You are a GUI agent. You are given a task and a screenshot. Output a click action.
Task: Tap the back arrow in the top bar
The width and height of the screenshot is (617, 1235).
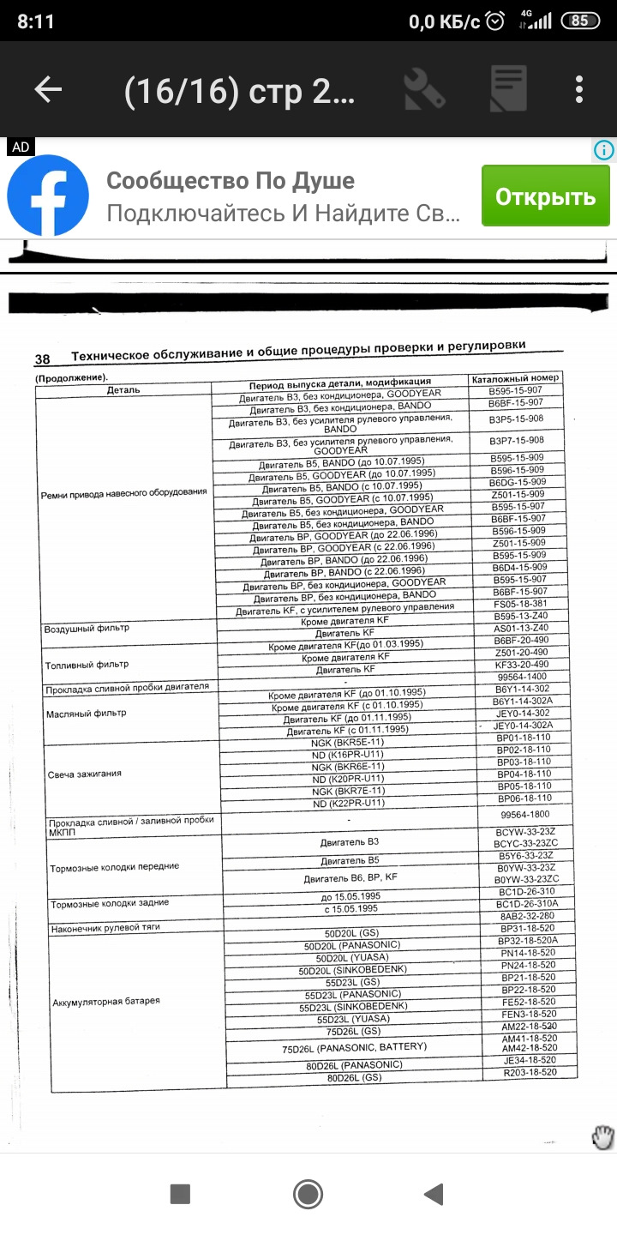pyautogui.click(x=48, y=90)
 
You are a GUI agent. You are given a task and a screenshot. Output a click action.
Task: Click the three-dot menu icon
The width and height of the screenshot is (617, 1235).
pyautogui.click(x=580, y=90)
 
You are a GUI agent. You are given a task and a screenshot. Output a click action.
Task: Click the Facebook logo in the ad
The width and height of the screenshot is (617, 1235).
pyautogui.click(x=48, y=196)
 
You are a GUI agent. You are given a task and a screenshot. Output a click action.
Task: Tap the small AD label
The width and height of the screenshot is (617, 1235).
pyautogui.click(x=21, y=148)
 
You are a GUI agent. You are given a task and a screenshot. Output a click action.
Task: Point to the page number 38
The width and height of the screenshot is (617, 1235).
pyautogui.click(x=42, y=359)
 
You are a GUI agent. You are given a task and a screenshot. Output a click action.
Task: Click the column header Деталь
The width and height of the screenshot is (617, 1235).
pyautogui.click(x=123, y=390)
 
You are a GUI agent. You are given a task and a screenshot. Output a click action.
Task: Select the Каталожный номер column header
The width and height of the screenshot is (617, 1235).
pyautogui.click(x=515, y=377)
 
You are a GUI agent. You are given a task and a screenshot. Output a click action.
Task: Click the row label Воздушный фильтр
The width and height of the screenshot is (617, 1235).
pyautogui.click(x=87, y=629)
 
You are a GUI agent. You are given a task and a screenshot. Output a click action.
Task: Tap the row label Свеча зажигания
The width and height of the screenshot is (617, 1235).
pyautogui.click(x=85, y=774)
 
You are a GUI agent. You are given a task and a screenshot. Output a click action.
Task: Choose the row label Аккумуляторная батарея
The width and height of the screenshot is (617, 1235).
pyautogui.click(x=106, y=1002)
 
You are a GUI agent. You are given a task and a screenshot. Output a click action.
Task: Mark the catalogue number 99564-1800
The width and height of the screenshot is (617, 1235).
pyautogui.click(x=524, y=814)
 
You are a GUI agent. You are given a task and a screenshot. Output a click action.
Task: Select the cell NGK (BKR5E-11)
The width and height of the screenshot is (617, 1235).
pyautogui.click(x=347, y=742)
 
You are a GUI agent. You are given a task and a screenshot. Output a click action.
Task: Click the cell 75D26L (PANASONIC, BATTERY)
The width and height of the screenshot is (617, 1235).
pyautogui.click(x=354, y=1048)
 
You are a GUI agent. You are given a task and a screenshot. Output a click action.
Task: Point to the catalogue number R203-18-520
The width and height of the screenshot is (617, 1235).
pyautogui.click(x=530, y=1072)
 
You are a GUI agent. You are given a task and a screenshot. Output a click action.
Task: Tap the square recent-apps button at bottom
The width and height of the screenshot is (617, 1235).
pyautogui.click(x=180, y=1193)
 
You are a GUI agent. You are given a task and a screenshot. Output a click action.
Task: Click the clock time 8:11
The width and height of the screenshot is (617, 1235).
pyautogui.click(x=35, y=21)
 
